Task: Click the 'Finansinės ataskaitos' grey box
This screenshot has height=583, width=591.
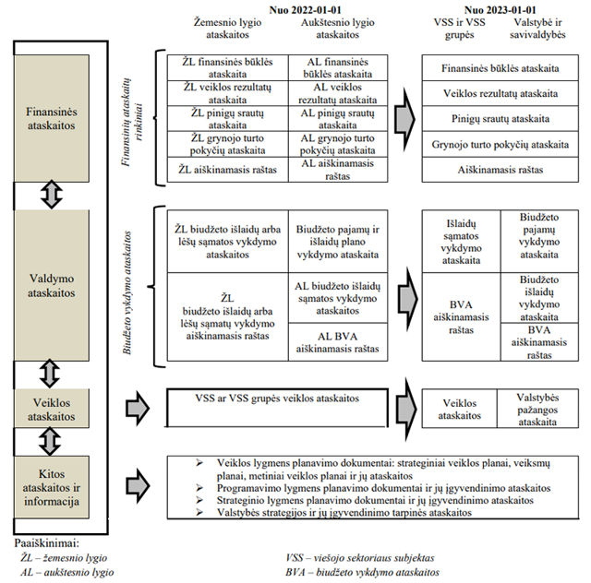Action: coord(53,119)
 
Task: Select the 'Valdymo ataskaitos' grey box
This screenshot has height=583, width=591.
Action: coord(53,285)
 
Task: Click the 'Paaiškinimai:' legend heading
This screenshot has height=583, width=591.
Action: coord(45,544)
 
